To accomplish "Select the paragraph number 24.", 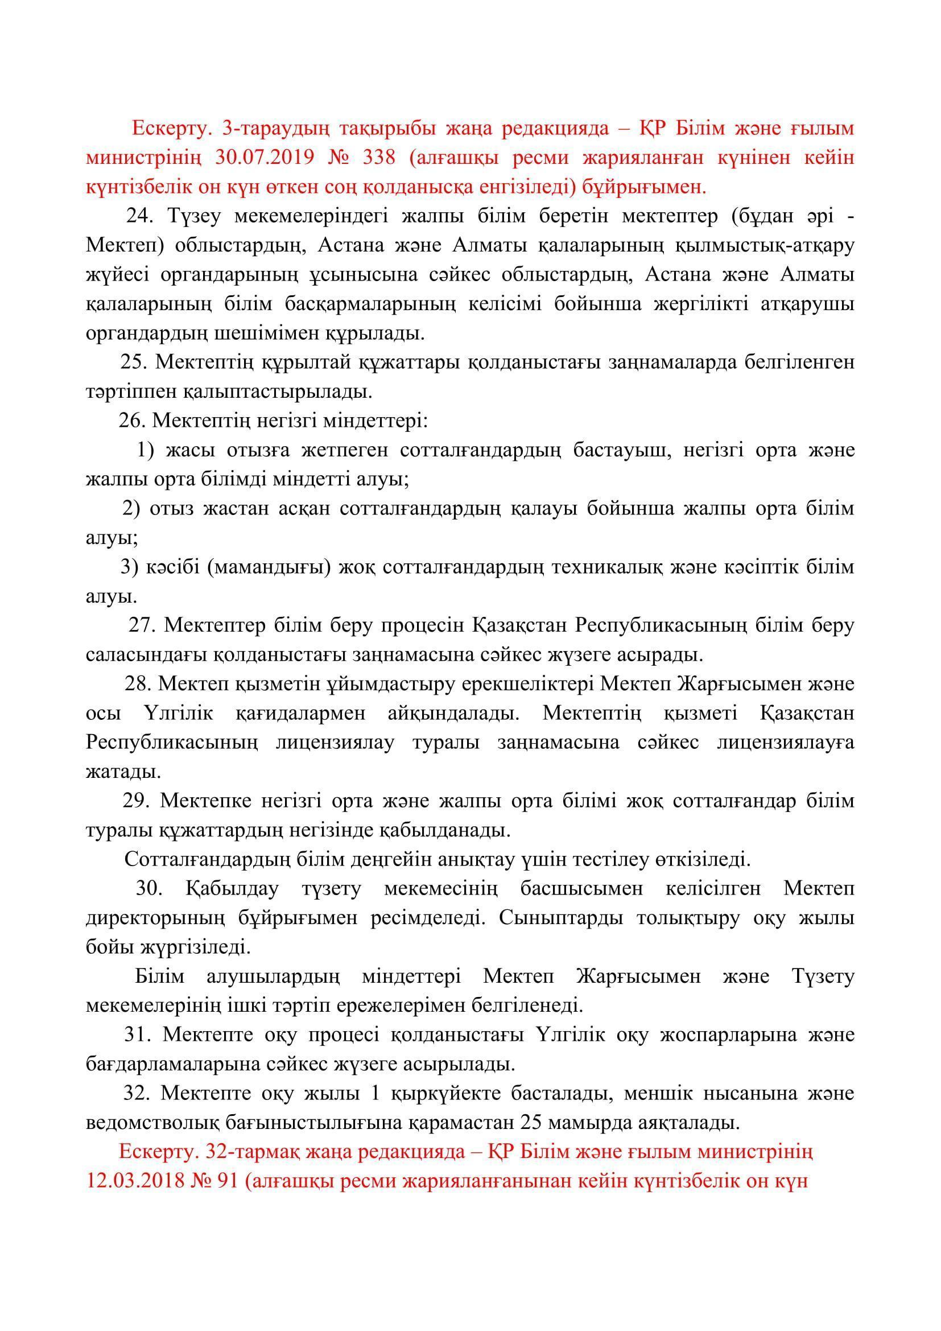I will coord(139,216).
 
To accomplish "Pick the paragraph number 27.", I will coord(142,625).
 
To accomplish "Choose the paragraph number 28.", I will coord(137,684).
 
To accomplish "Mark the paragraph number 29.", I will coord(135,801).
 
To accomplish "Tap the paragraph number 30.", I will coord(149,889).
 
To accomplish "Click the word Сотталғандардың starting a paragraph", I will coord(207,859).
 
